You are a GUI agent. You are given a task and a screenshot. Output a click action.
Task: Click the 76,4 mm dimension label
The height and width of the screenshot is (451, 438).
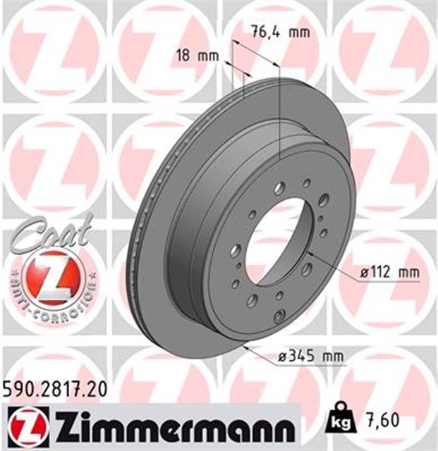[x=269, y=32]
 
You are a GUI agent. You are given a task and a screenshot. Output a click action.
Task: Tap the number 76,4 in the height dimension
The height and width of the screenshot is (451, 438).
[x=260, y=32]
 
